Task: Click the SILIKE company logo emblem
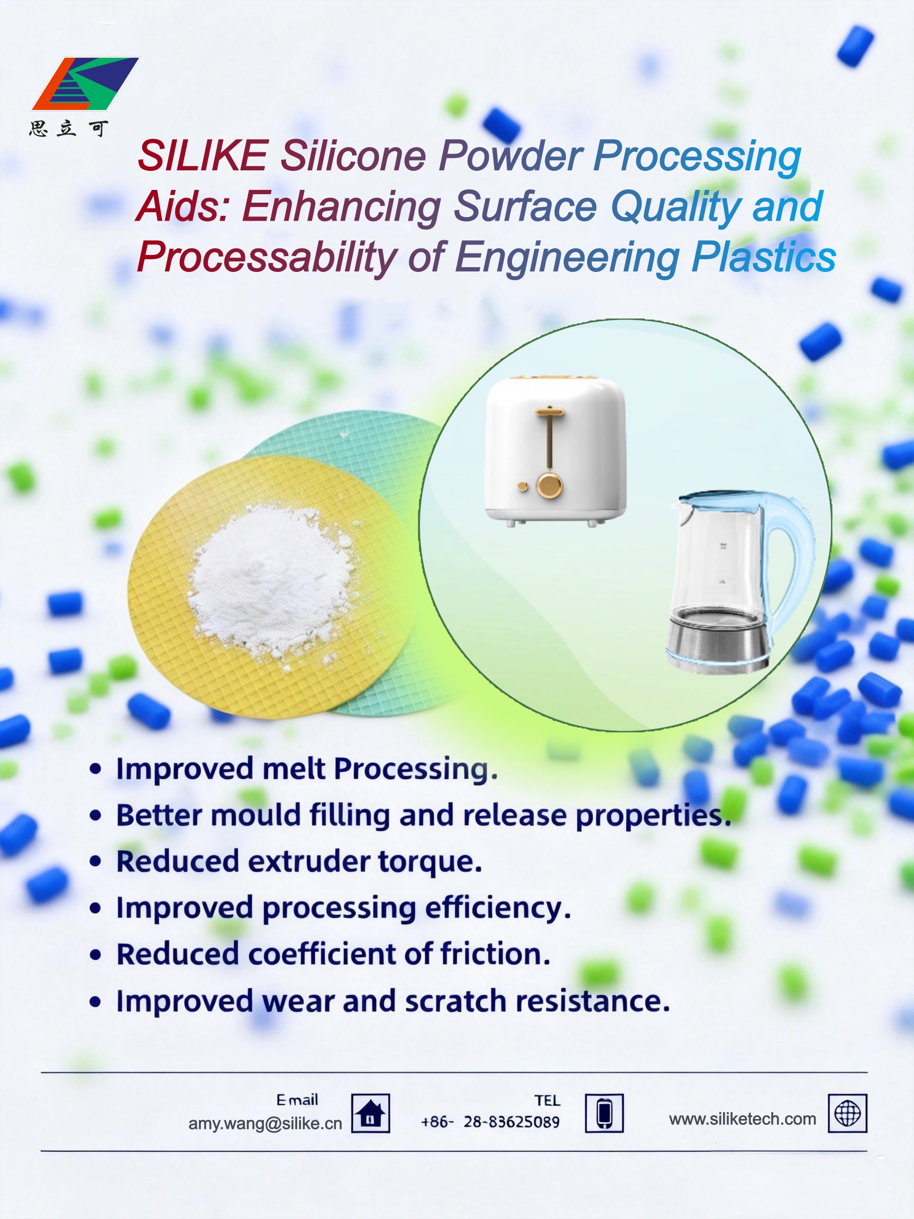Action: pos(85,84)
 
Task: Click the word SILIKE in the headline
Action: pos(203,156)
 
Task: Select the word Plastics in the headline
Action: pos(764,257)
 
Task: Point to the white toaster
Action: pos(555,451)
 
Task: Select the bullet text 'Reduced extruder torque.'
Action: pos(299,862)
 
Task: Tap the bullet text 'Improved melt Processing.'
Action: pos(307,769)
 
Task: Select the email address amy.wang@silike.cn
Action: pos(265,1124)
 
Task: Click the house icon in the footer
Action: pos(371,1113)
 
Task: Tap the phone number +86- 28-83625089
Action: pos(490,1122)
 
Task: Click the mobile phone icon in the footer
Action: pos(605,1113)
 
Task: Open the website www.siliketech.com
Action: pos(742,1119)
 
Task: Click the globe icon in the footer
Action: pos(847,1113)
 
